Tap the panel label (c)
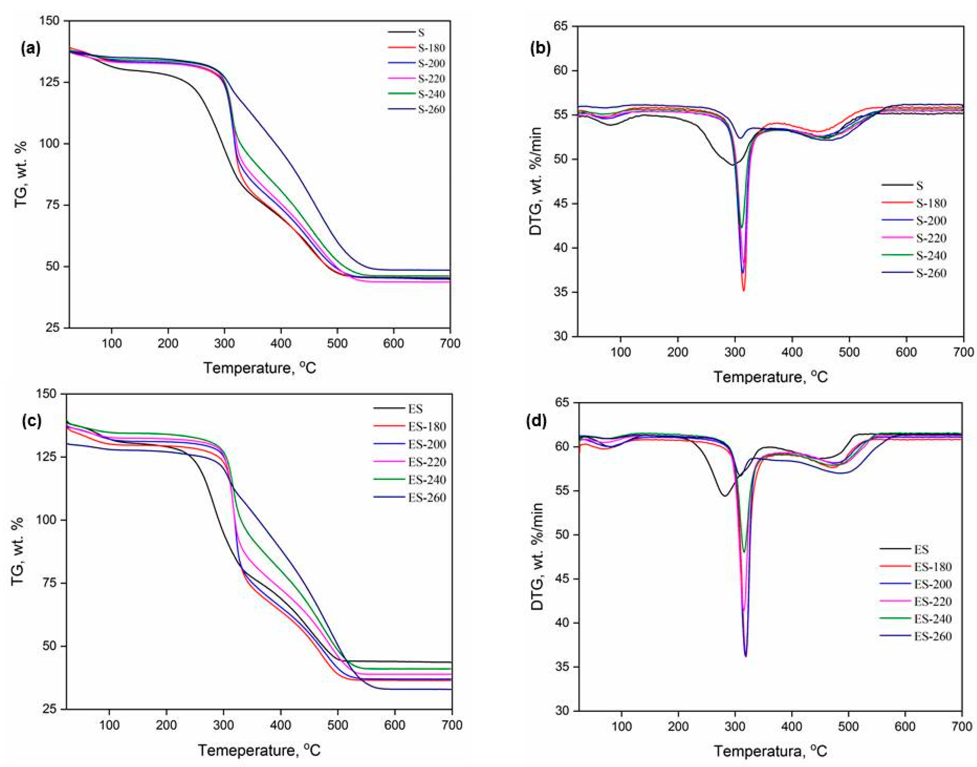[31, 421]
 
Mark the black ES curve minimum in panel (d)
[724, 496]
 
